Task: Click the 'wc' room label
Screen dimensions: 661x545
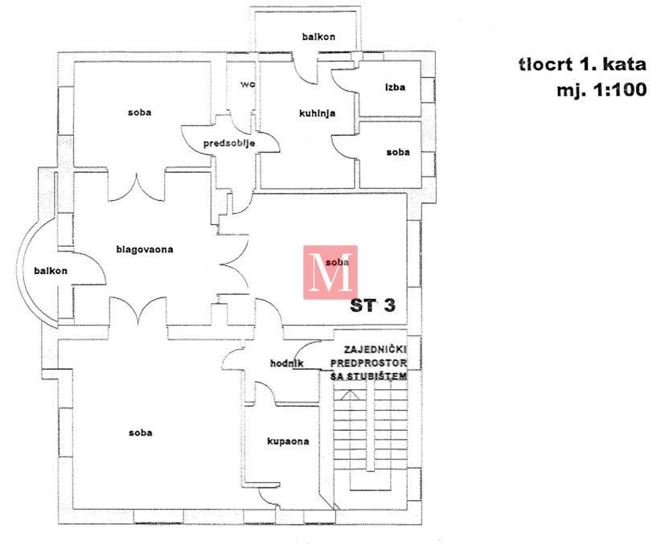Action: pos(245,84)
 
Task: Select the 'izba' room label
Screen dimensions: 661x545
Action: pos(394,87)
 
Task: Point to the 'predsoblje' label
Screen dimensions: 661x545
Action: pos(229,143)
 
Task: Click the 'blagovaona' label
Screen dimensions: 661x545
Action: pos(145,249)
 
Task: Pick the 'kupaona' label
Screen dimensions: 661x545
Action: pos(288,441)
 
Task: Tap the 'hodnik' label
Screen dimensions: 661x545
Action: pos(287,364)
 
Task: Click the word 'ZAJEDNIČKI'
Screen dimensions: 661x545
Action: pos(376,350)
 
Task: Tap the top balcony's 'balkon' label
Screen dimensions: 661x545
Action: pos(318,37)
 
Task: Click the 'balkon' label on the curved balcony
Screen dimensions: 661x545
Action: pos(51,271)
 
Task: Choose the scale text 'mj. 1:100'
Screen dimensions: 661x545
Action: pos(601,91)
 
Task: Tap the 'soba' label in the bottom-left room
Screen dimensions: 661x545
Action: pos(140,432)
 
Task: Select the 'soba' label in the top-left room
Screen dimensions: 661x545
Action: pos(139,113)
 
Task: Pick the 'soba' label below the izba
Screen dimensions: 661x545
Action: pos(397,152)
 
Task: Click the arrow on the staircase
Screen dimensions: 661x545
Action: pos(348,395)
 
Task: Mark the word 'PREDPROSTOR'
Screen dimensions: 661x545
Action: pos(376,363)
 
